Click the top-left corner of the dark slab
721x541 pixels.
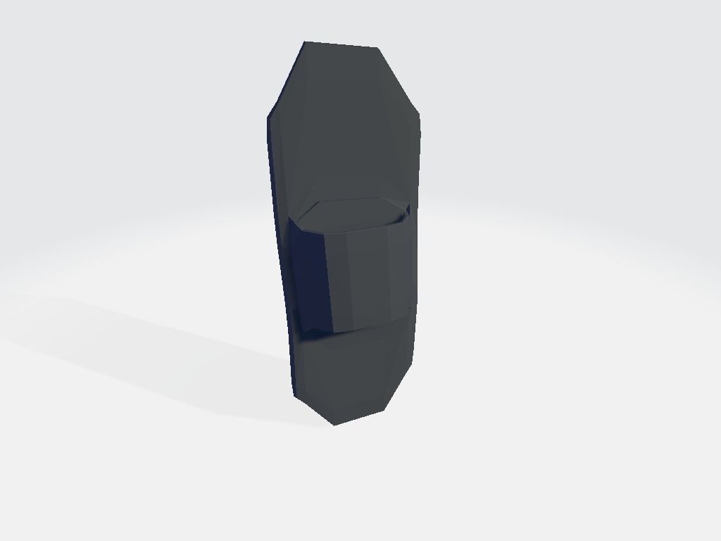[305, 42]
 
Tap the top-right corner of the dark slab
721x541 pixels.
[377, 48]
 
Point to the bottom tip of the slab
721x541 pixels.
[334, 425]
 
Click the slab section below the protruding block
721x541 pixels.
[352, 370]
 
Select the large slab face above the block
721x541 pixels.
[345, 134]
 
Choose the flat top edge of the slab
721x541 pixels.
[341, 45]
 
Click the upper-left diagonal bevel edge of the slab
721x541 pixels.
[286, 79]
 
